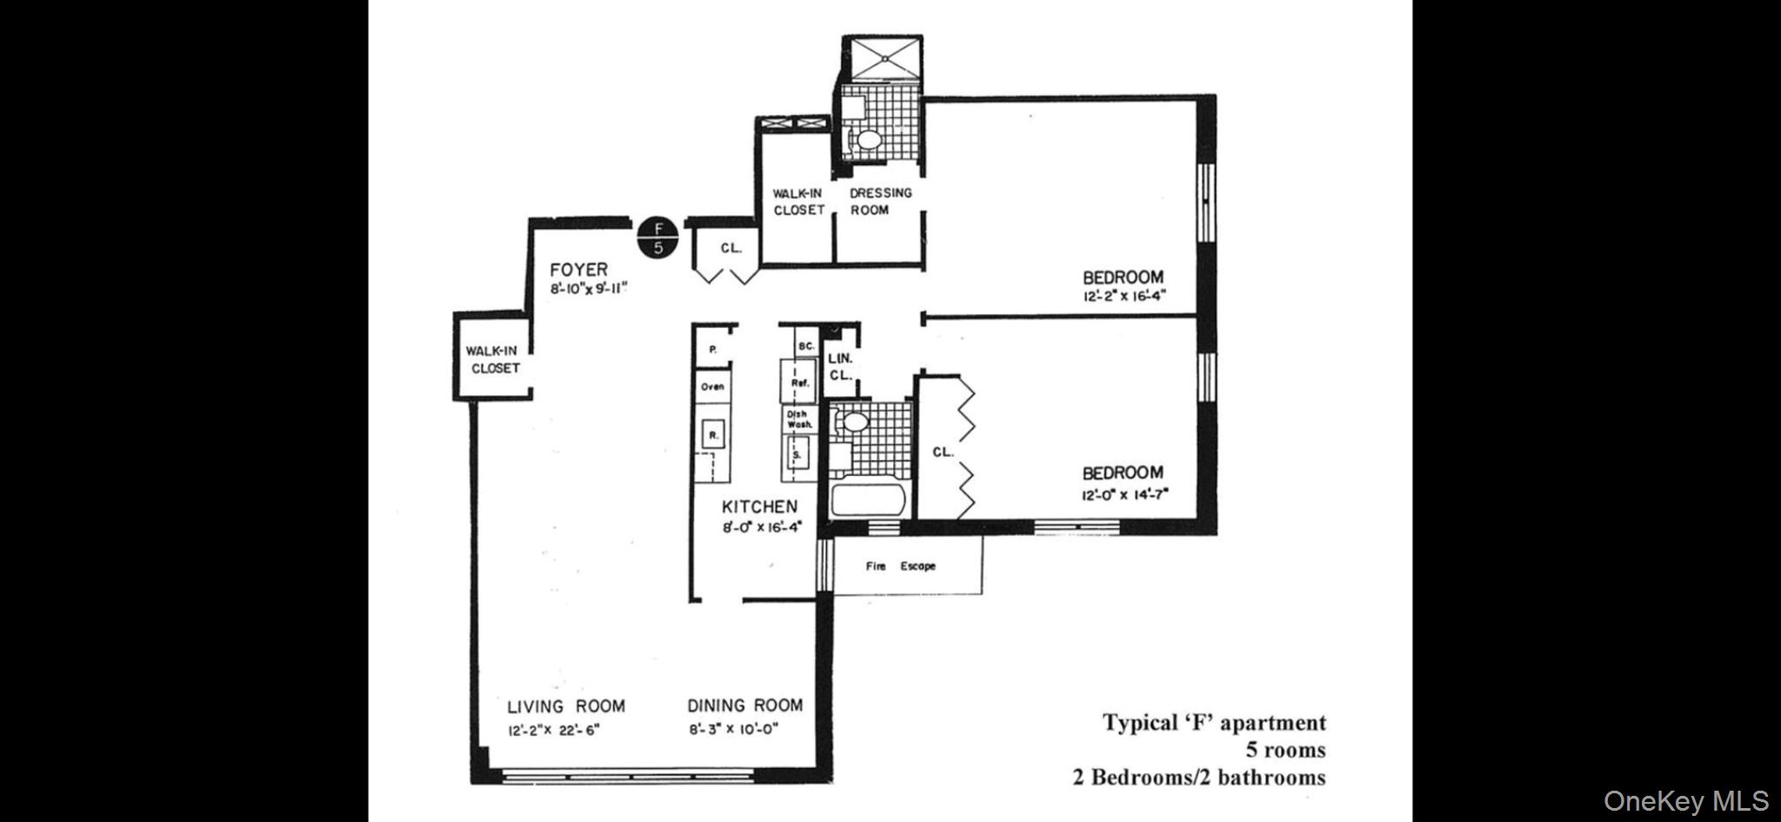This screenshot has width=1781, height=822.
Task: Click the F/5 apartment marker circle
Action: (658, 238)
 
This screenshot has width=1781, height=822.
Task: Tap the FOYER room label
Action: (578, 270)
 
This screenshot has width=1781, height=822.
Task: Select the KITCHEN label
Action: (759, 506)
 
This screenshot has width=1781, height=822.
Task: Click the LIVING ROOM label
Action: (566, 706)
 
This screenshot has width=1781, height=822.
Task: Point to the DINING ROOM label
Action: (745, 705)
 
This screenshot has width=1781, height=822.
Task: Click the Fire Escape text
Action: (900, 566)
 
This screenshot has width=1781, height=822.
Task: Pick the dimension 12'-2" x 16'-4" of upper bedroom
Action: (1124, 296)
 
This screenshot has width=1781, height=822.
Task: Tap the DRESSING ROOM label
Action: (880, 201)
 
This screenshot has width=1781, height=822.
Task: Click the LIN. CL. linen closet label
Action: (840, 366)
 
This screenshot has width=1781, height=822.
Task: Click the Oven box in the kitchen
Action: (712, 387)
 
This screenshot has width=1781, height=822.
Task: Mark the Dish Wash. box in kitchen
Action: (798, 419)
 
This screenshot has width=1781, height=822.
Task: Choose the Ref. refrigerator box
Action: (799, 382)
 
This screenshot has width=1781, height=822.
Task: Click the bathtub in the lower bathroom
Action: (869, 500)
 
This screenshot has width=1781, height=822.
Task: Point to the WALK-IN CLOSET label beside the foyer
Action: (492, 359)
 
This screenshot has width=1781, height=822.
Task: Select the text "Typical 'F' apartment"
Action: (1214, 723)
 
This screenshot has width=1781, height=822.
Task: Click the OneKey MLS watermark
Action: (1685, 801)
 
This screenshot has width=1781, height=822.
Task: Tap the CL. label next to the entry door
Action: (730, 248)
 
